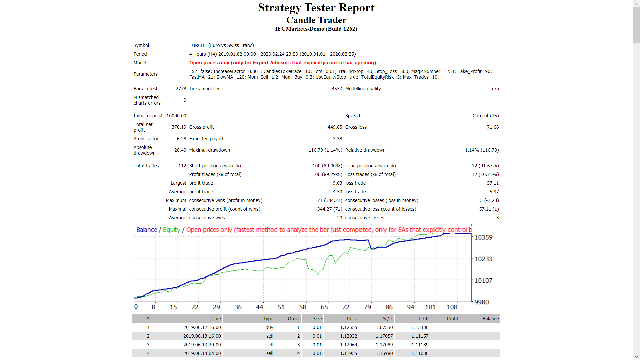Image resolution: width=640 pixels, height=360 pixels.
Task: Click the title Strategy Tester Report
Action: tap(316, 8)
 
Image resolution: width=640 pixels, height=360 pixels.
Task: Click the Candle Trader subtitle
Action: tap(316, 20)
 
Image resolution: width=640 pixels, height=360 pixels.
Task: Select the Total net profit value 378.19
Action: tap(179, 127)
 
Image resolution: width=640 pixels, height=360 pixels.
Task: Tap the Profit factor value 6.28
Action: tap(181, 139)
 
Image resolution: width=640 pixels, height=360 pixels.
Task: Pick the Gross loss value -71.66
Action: tap(492, 127)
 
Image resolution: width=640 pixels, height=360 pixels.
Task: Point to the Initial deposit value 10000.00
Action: tap(176, 116)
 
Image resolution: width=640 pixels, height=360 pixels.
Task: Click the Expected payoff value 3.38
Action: tap(337, 139)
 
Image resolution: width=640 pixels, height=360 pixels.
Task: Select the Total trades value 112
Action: tap(182, 166)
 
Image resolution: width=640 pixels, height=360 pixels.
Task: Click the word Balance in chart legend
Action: tap(146, 230)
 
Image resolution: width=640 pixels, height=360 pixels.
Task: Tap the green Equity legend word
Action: tap(171, 230)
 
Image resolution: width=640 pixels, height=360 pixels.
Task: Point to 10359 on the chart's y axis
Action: tap(483, 237)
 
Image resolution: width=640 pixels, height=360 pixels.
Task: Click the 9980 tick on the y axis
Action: tap(482, 302)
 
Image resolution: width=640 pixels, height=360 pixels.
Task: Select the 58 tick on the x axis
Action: tap(303, 307)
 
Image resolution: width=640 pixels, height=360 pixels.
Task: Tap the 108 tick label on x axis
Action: tap(452, 307)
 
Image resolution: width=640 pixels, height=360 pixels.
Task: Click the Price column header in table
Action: tap(352, 319)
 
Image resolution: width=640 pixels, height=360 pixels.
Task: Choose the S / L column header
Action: tap(388, 319)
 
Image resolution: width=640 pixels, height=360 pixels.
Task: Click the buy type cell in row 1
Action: tap(269, 327)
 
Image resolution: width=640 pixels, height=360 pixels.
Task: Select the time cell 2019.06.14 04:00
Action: tap(202, 353)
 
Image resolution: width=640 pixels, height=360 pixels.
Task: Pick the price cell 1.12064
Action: tap(348, 345)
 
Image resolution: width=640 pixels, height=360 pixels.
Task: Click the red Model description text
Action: tap(282, 63)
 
